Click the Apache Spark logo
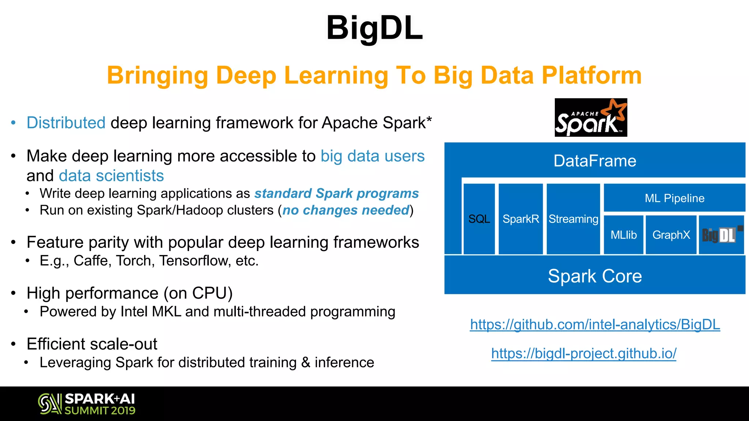(x=591, y=118)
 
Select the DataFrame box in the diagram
(x=595, y=161)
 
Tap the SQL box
(x=479, y=219)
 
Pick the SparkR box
(x=521, y=219)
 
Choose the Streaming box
(x=573, y=219)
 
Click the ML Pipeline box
(x=674, y=198)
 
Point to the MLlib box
(x=624, y=235)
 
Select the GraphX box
(x=671, y=235)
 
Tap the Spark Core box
(x=595, y=276)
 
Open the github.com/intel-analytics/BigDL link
(x=595, y=325)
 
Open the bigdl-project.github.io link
(x=584, y=353)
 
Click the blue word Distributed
(x=66, y=123)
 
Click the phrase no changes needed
(x=346, y=210)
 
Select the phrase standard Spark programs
(x=336, y=193)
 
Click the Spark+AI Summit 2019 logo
(x=87, y=404)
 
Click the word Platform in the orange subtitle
(x=591, y=75)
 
